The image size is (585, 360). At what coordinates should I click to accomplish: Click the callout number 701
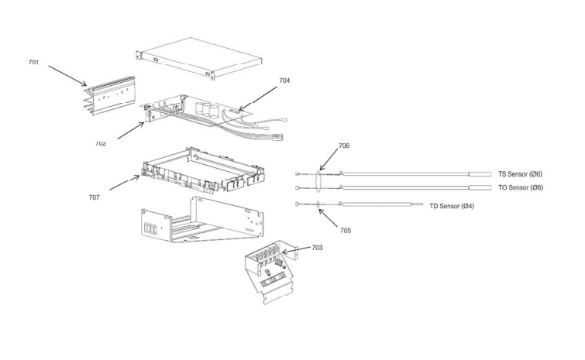point(35,61)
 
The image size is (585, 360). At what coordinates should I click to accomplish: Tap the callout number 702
point(102,143)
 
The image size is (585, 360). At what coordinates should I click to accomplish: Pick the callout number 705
point(345,230)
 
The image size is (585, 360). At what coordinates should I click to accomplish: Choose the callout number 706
point(345,146)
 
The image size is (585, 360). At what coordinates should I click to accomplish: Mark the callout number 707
point(94,197)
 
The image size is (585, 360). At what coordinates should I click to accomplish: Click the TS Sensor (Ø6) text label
point(520,174)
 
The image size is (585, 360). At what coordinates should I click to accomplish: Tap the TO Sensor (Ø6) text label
point(520,187)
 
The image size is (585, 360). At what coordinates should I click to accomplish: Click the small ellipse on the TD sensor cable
point(319,204)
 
